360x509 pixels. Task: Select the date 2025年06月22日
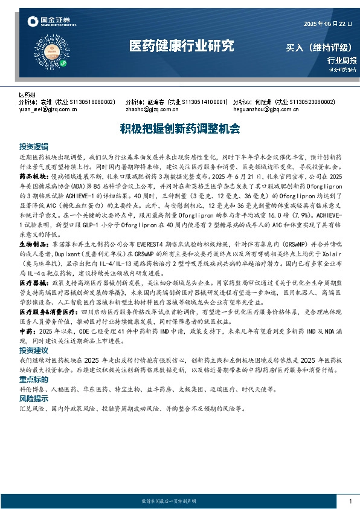click(x=326, y=24)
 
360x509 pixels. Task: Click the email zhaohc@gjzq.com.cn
click(x=148, y=110)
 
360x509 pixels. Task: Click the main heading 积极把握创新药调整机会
click(x=179, y=129)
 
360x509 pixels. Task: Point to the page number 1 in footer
click(x=350, y=501)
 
